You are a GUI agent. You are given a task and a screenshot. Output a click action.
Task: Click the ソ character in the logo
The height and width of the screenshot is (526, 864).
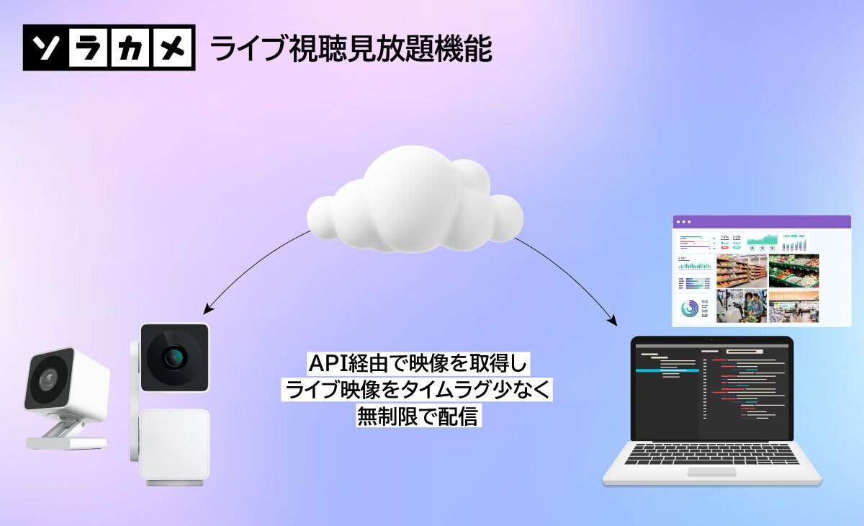[46, 48]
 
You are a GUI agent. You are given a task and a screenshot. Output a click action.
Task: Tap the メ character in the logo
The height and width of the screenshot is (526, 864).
[173, 48]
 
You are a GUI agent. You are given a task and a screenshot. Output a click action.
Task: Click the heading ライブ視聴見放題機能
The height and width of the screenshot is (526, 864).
[351, 50]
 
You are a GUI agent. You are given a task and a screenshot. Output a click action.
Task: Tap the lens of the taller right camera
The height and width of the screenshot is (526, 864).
[173, 356]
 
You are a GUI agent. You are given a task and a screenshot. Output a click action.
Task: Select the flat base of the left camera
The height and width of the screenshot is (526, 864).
[65, 443]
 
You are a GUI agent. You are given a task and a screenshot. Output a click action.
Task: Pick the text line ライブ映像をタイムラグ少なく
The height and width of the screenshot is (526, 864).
[418, 390]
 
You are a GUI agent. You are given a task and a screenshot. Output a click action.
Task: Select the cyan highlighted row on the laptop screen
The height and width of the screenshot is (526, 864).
[666, 370]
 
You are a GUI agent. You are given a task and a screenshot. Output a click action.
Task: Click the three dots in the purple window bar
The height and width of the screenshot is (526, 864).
[684, 221]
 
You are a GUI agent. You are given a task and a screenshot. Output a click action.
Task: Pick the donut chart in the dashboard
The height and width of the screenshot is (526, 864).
[693, 308]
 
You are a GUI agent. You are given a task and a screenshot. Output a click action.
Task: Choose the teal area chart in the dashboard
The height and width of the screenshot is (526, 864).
[763, 241]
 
